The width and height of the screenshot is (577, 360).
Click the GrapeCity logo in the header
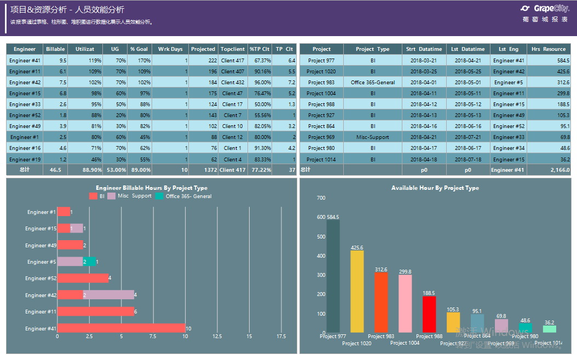tap(544, 9)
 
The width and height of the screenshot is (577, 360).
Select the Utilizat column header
tap(84, 49)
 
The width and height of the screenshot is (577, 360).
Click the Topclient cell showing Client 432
tap(233, 82)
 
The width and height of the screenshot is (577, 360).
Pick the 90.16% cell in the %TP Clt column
tap(260, 71)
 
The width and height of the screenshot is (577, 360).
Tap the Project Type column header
tap(372, 49)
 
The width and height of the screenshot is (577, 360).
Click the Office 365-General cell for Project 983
tap(372, 82)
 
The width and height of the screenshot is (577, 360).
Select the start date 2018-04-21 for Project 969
tap(424, 137)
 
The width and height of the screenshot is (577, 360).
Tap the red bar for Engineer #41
tap(121, 328)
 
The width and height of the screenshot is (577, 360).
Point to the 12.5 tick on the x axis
tap(217, 336)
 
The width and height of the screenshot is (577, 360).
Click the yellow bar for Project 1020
tap(357, 291)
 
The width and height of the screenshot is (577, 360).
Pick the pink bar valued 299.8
tap(405, 303)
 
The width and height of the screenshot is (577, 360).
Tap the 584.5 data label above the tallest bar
tap(333, 217)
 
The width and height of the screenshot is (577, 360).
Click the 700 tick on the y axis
tap(321, 198)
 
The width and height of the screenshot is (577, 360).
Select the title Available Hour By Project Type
tap(435, 188)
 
